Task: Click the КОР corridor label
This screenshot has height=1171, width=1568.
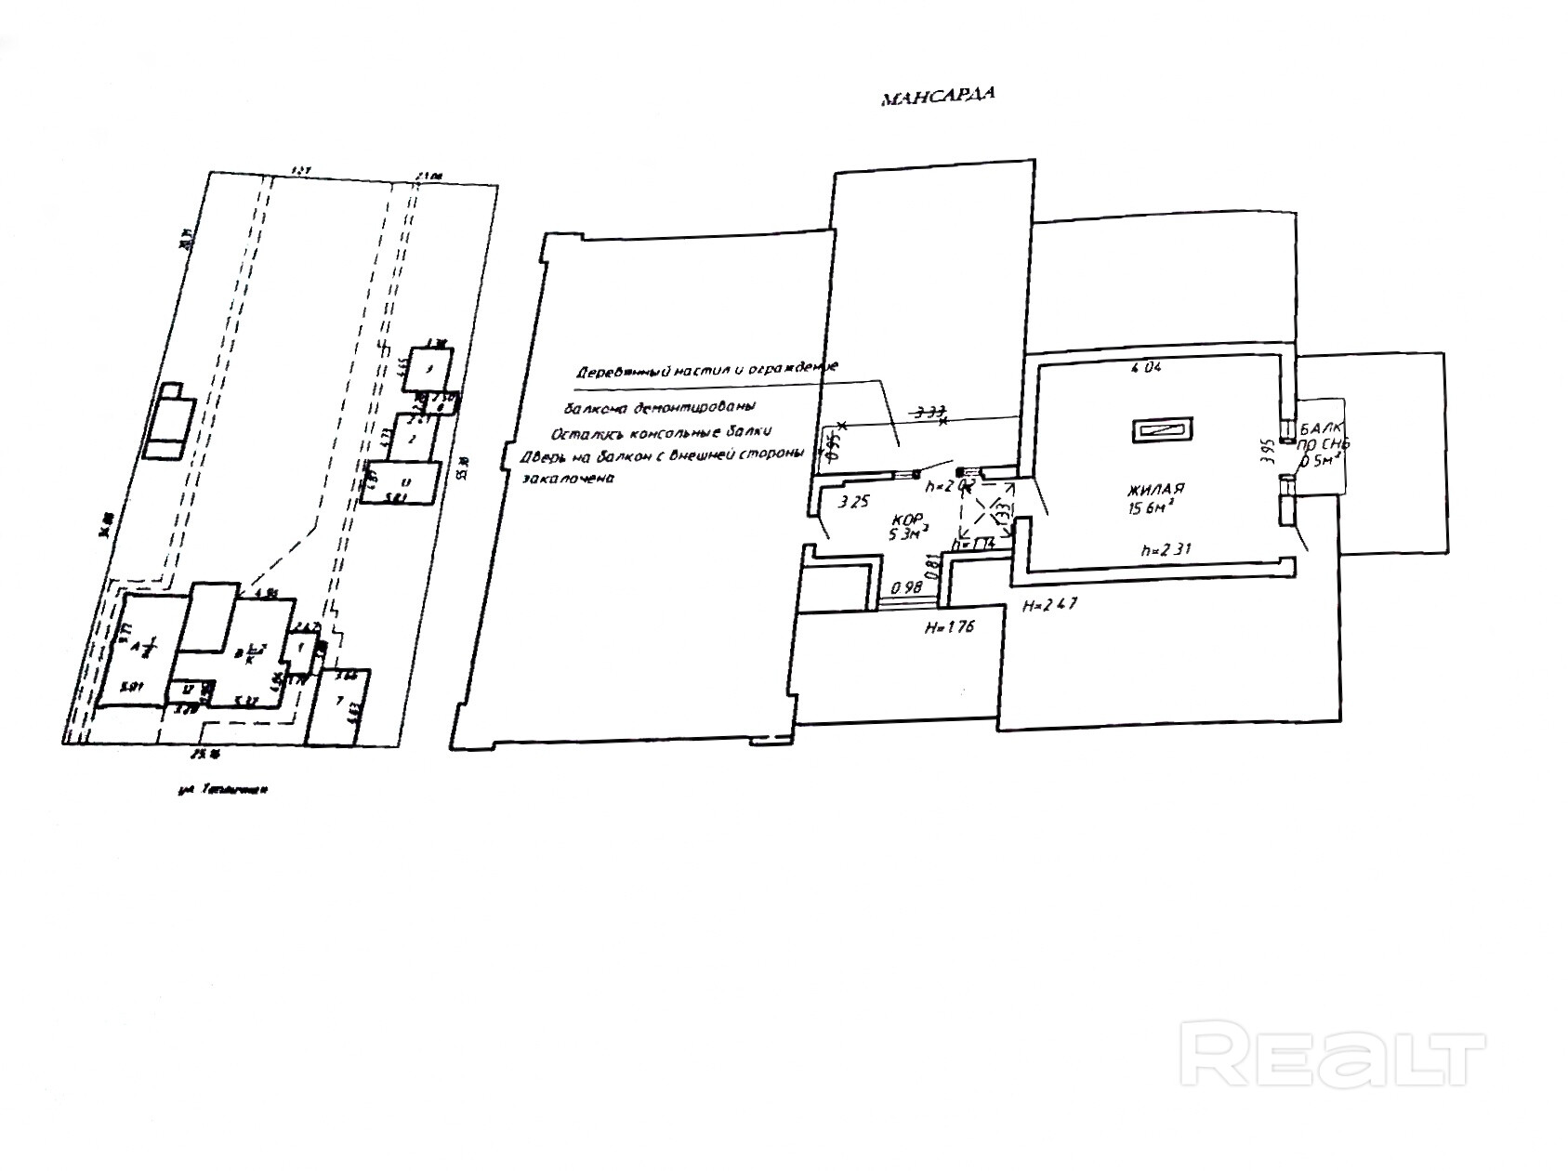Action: tap(904, 518)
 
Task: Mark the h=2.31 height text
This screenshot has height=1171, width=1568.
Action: tap(1164, 549)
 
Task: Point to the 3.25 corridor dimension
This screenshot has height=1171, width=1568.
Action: tap(853, 503)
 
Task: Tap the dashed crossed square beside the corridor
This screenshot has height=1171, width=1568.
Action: tap(985, 516)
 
